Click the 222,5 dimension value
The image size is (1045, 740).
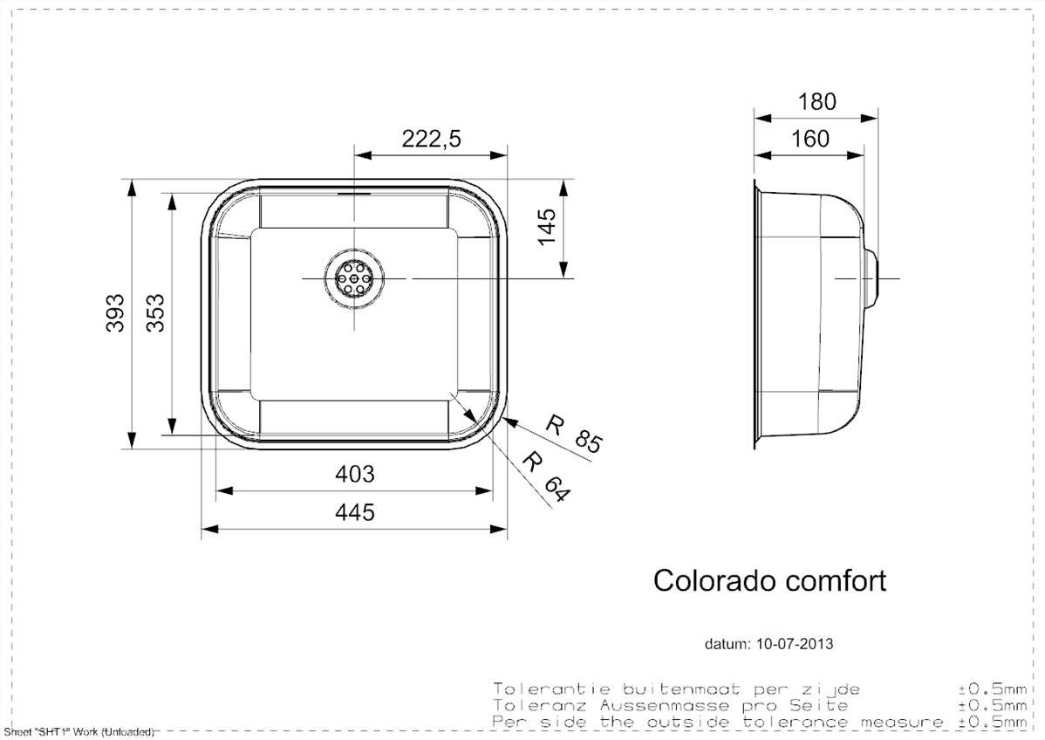[x=431, y=139]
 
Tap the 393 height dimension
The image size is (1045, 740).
[x=116, y=312]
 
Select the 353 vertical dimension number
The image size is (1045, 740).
[x=155, y=313]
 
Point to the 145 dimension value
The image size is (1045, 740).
[x=547, y=228]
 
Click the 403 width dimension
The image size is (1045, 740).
[x=354, y=474]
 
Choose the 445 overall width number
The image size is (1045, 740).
[x=354, y=512]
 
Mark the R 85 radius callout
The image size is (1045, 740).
[x=574, y=434]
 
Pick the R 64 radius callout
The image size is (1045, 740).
[x=547, y=476]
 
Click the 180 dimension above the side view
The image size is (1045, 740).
[x=816, y=101]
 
